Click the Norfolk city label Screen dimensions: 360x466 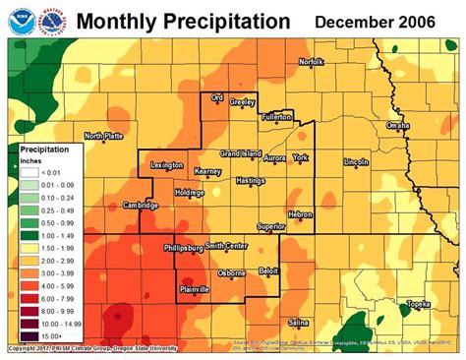pos(311,62)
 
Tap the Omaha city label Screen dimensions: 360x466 pos(398,126)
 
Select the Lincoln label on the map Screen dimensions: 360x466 pos(356,161)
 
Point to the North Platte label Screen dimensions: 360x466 pos(104,136)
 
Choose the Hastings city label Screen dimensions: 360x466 pos(251,181)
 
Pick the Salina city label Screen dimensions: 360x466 pos(300,322)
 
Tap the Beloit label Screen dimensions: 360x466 pos(268,270)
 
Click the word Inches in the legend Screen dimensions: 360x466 pos(33,160)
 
